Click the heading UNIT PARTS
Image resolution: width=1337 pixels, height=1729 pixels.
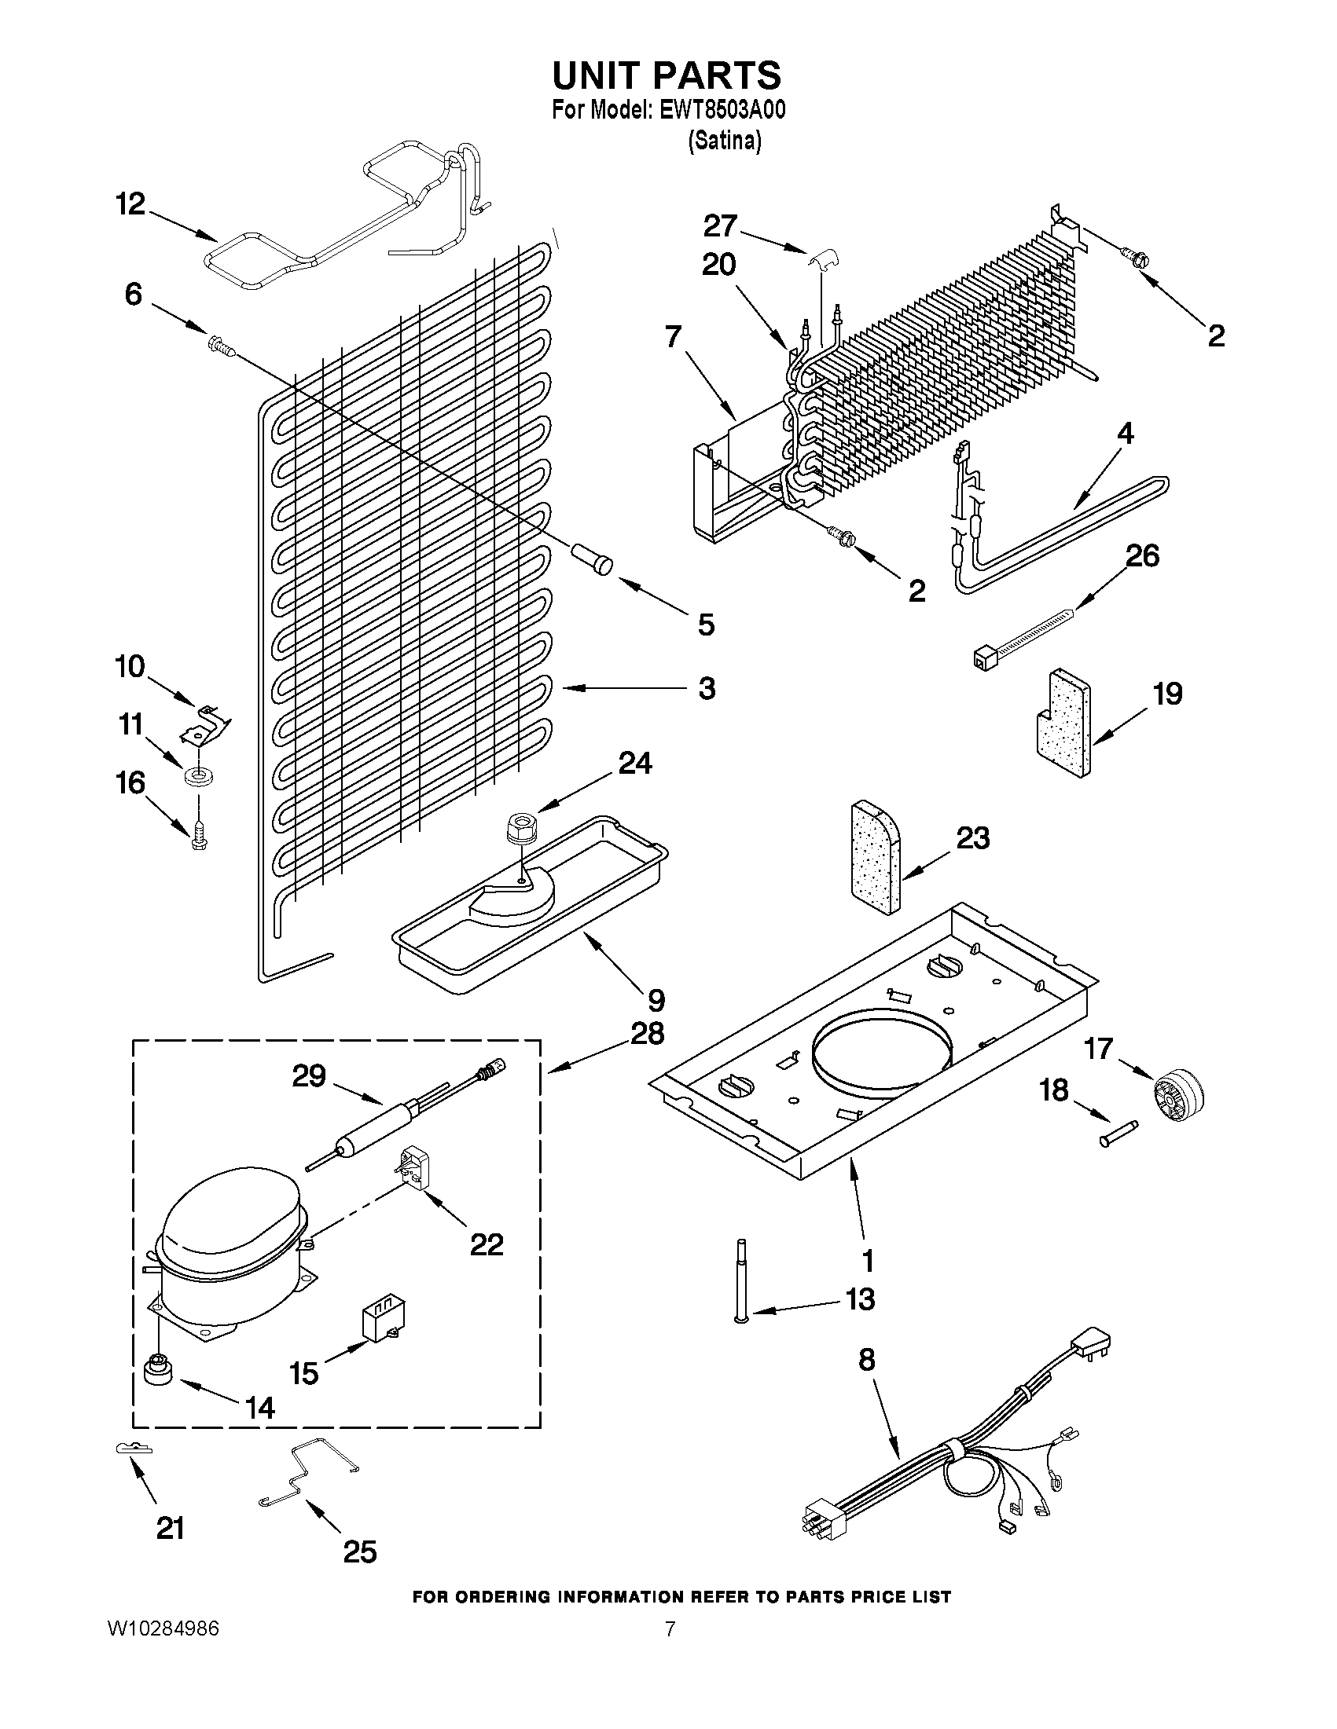click(x=666, y=75)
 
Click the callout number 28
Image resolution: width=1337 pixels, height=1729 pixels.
click(x=647, y=1034)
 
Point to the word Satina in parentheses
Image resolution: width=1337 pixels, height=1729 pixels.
click(x=724, y=141)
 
